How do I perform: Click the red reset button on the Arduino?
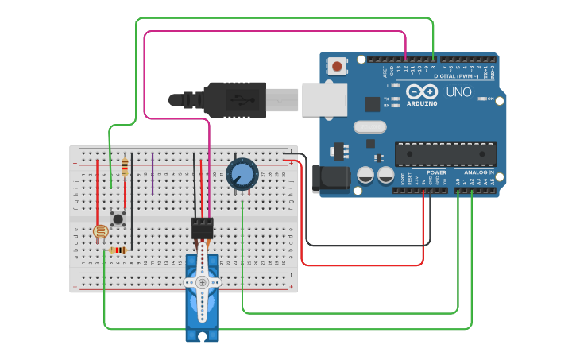pos(338,66)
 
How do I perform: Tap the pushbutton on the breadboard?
pos(118,218)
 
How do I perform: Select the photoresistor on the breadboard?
pos(100,232)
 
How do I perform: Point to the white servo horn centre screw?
pos(203,282)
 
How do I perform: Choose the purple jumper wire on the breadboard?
pos(153,173)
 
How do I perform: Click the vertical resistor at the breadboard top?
pos(125,166)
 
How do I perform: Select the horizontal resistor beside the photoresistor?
pos(118,250)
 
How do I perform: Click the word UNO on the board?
pos(459,92)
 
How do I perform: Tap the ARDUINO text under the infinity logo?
pos(421,103)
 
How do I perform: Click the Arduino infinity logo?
pos(421,91)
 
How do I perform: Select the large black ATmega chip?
pos(446,153)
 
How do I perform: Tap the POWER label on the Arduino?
pos(436,172)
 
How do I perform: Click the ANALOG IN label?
pos(479,172)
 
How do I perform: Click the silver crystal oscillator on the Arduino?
pos(369,127)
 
